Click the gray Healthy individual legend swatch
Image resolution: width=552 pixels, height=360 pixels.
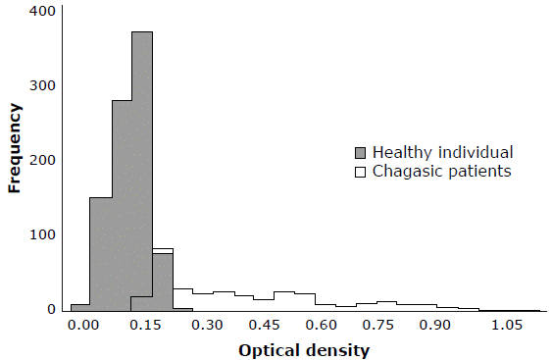click(360, 153)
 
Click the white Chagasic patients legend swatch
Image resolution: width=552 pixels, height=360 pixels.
click(360, 172)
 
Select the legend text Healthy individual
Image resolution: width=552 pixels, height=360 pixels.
click(443, 152)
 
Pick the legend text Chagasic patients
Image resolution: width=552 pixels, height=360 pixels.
click(442, 172)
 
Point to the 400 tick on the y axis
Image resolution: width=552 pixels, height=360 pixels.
click(42, 11)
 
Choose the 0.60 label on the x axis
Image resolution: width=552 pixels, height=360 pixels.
click(325, 325)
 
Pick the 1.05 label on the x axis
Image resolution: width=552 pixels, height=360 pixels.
click(507, 325)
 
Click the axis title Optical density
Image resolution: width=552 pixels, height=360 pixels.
click(304, 349)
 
